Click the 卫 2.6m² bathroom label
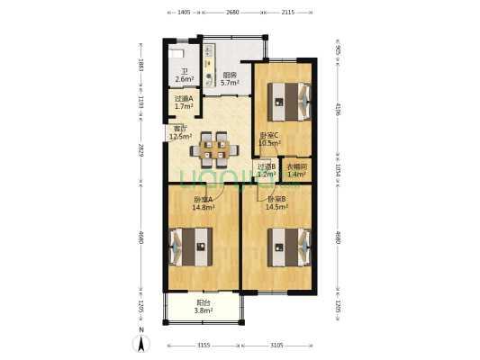tap(183, 76)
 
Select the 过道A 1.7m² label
tap(184, 103)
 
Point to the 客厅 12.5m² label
tap(181, 133)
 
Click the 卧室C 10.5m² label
tap(269, 139)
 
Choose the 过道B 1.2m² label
tap(266, 170)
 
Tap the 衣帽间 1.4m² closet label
tap(296, 170)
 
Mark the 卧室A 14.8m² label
tap(204, 203)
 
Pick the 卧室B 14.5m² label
tap(276, 203)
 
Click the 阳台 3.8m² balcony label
tap(204, 307)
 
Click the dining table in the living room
tap(214, 150)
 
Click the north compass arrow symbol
tap(140, 342)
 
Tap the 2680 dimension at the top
tap(232, 13)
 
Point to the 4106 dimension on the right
tap(337, 111)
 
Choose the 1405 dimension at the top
tap(183, 13)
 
